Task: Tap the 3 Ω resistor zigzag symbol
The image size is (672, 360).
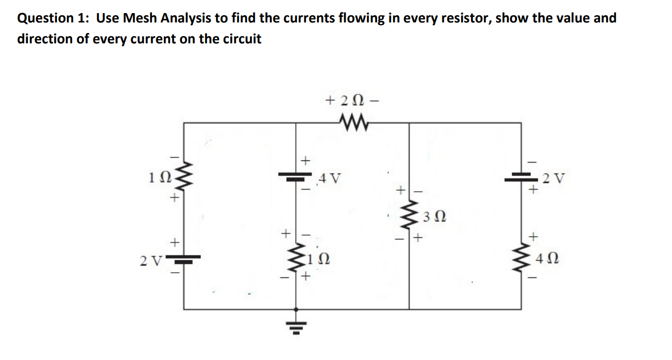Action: point(408,215)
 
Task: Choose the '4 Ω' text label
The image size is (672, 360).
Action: point(546,258)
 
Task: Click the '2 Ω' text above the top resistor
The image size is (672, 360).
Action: point(350,99)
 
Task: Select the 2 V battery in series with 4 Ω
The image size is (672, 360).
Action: point(521,178)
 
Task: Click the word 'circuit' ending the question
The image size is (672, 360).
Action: point(243,39)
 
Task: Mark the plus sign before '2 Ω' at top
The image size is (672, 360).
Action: point(329,99)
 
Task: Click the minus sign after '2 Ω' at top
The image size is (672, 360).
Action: point(372,99)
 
